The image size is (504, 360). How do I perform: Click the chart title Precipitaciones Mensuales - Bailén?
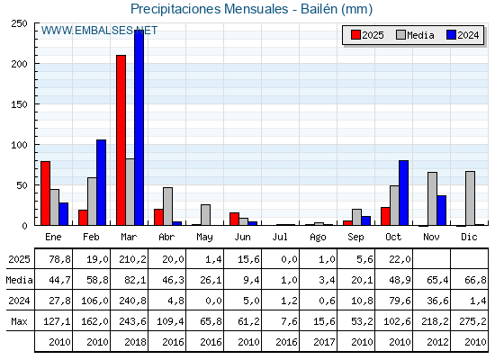251,9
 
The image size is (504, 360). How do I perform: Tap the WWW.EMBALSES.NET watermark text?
99,31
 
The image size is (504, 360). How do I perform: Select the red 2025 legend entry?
367,35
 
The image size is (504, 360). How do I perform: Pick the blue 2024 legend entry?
463,35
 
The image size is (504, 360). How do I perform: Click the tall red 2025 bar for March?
121,139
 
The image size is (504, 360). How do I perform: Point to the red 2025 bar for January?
45,193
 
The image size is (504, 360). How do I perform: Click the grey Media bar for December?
470,198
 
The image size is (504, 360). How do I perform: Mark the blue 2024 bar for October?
403,193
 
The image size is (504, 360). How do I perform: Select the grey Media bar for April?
167,206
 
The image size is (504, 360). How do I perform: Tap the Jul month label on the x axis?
281,237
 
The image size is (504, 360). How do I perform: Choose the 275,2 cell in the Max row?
472,321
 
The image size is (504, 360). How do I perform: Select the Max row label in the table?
18,321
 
